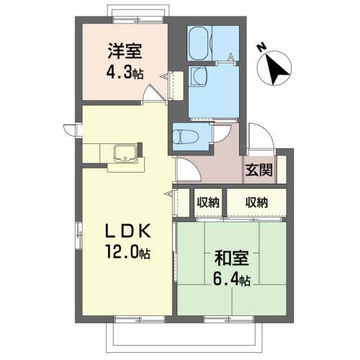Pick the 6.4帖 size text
[232, 278]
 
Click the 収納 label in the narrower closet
[208, 202]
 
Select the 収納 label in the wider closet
[255, 202]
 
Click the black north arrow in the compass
[276, 68]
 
